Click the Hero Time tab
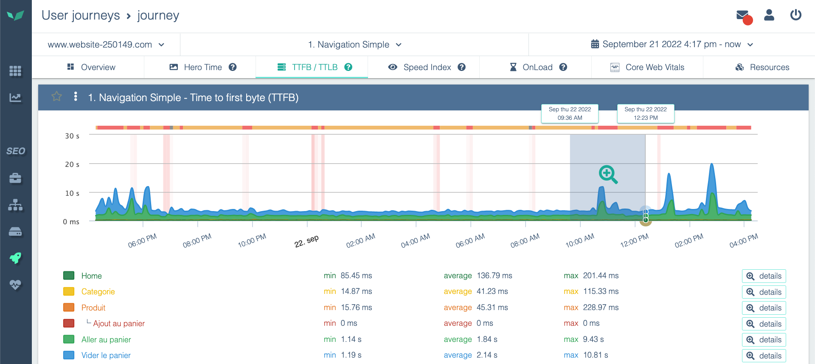(x=202, y=67)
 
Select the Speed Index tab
(x=427, y=67)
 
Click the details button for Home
(x=764, y=276)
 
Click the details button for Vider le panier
(x=764, y=356)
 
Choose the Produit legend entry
(x=93, y=308)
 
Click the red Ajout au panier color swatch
(x=69, y=324)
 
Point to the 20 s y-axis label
(x=72, y=164)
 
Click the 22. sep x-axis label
(x=306, y=241)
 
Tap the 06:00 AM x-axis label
(x=470, y=241)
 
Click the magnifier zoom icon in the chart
(x=608, y=174)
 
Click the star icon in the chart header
(x=56, y=97)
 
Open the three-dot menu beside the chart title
(x=76, y=97)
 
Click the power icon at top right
(x=795, y=15)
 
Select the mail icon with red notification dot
(x=743, y=16)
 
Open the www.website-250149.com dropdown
(x=106, y=45)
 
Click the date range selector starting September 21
(x=672, y=45)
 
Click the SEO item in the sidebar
(x=16, y=151)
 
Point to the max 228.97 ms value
(x=601, y=308)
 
